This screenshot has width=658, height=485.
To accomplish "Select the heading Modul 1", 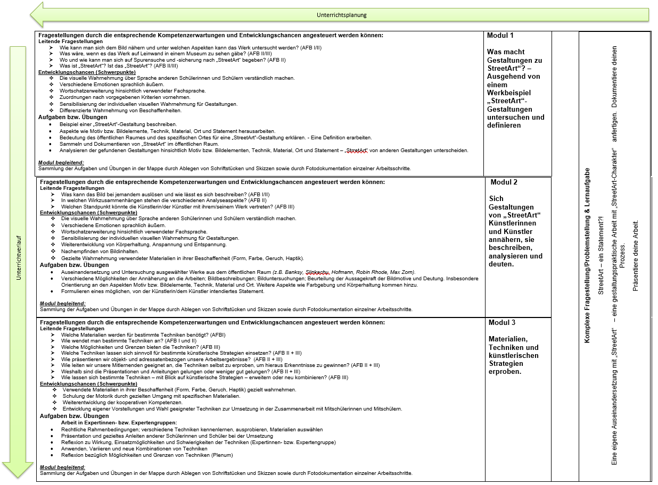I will click(500, 36).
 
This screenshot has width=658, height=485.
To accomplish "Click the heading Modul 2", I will click(504, 182).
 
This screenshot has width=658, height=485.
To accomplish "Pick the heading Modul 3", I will click(502, 323).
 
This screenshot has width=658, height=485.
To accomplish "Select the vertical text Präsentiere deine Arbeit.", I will click(635, 255).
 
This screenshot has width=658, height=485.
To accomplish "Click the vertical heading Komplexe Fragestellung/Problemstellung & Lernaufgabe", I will click(588, 255).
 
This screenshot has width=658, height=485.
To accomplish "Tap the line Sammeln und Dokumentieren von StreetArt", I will click(139, 144).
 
